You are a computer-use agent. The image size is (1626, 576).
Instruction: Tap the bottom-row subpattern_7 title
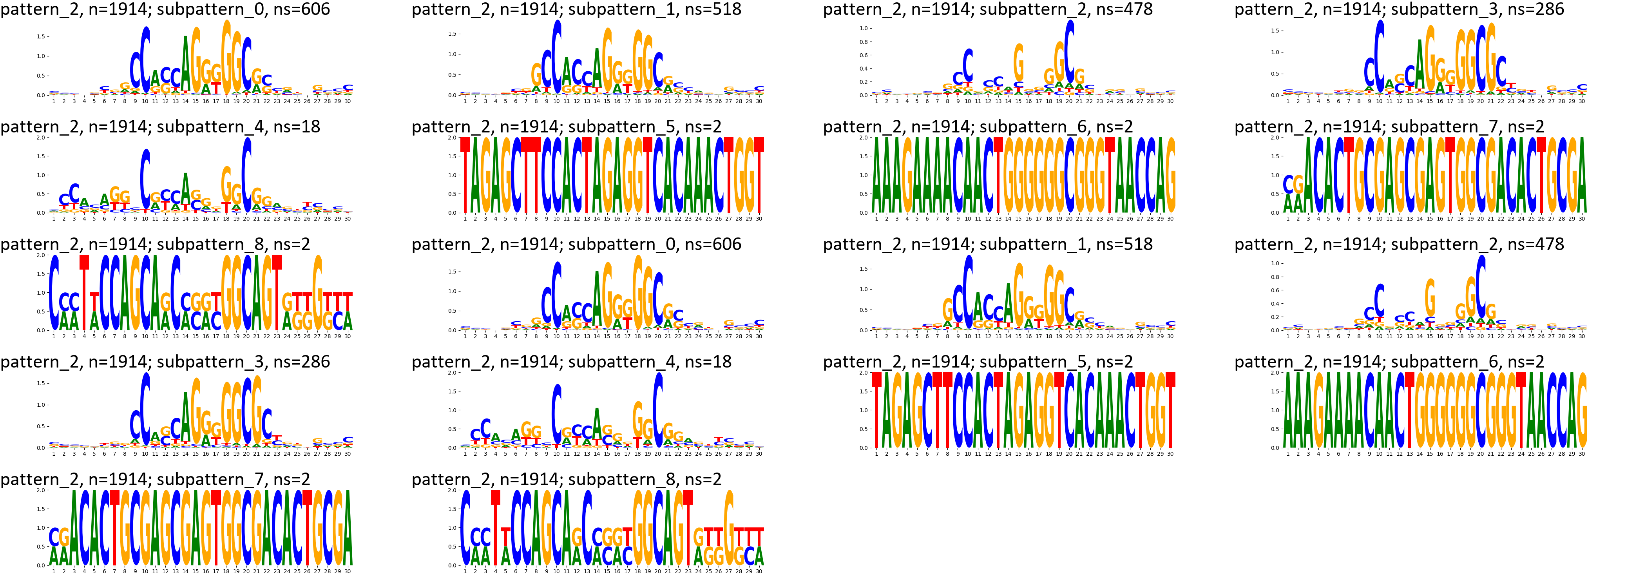click(155, 479)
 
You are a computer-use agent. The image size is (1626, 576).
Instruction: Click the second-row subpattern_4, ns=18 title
click(160, 127)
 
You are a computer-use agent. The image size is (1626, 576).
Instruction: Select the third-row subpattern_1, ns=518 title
click(988, 245)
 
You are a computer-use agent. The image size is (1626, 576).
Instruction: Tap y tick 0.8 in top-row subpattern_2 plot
click(864, 42)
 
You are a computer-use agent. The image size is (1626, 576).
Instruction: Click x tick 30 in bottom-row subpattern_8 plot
click(759, 571)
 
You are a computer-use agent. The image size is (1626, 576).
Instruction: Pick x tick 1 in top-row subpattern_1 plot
click(465, 101)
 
